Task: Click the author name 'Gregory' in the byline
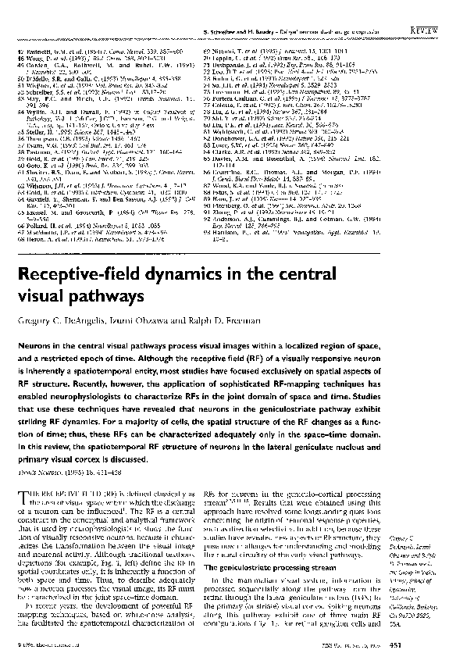click(34, 323)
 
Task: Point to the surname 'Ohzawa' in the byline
click(142, 323)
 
